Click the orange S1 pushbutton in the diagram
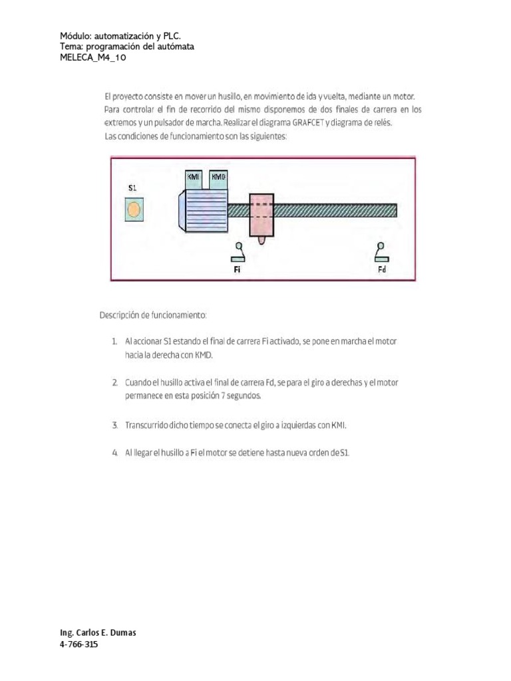(x=133, y=210)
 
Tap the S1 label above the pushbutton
(x=132, y=188)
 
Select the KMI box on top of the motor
(x=194, y=178)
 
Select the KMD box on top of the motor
(x=218, y=178)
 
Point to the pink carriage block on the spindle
(x=261, y=214)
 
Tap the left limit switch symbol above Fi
(x=238, y=253)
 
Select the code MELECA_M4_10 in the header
(x=93, y=58)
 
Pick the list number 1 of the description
(x=114, y=341)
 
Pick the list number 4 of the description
(x=114, y=453)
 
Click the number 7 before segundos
(x=223, y=396)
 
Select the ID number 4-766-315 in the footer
(x=79, y=644)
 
